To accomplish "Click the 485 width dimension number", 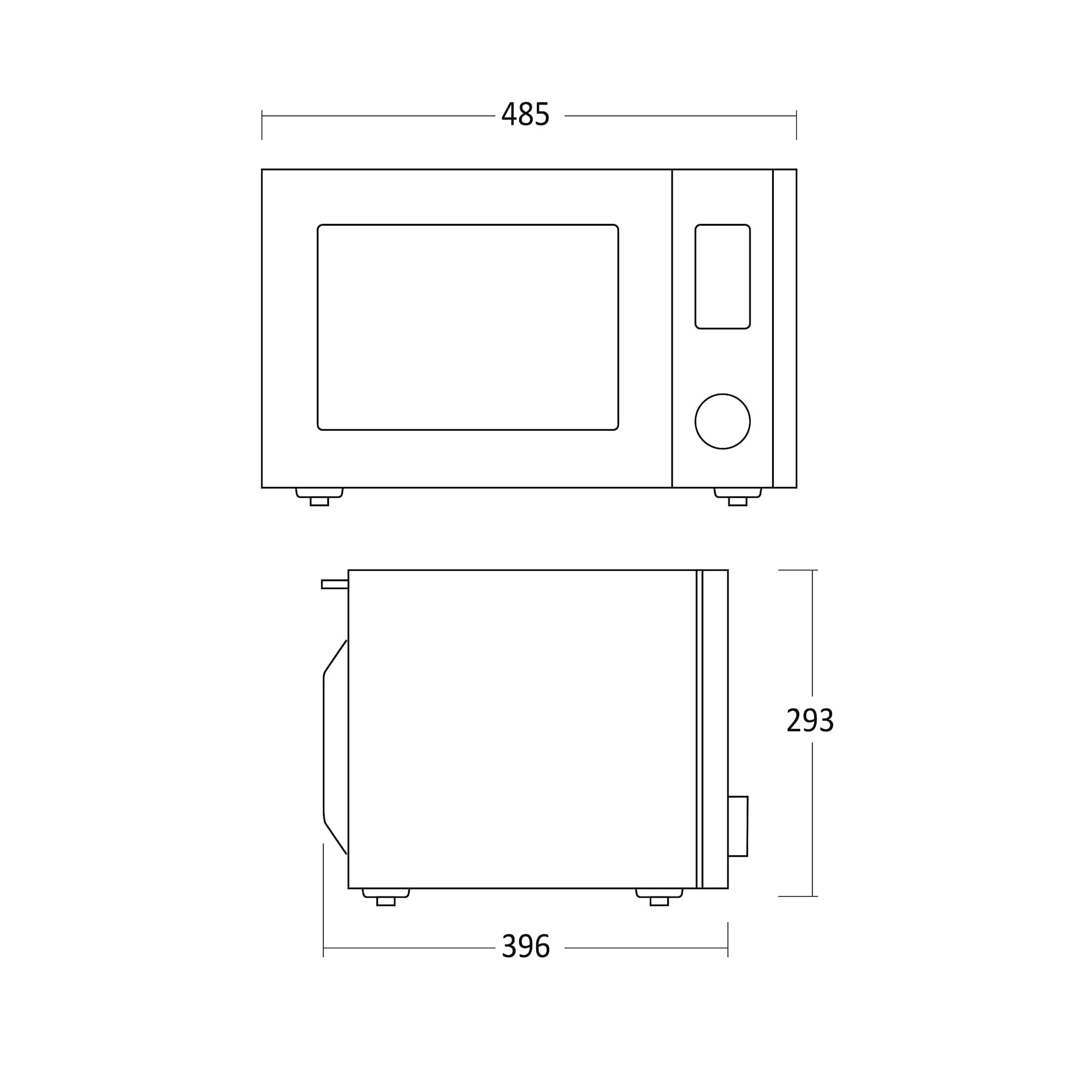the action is click(526, 114).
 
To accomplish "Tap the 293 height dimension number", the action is click(810, 719).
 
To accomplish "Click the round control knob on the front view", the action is click(723, 422).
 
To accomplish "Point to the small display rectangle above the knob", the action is click(723, 276).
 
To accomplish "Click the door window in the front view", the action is click(468, 327).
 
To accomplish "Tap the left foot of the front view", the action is click(319, 496).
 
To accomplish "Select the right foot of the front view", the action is click(738, 496).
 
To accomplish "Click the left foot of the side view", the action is click(386, 897).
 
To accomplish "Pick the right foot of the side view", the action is click(659, 897).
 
